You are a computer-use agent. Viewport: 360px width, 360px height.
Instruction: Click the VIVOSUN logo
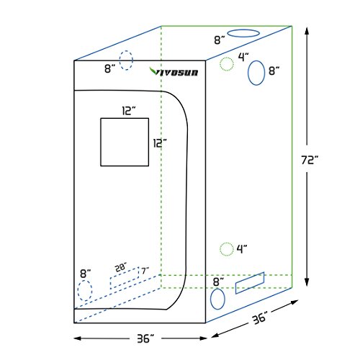pyautogui.click(x=174, y=71)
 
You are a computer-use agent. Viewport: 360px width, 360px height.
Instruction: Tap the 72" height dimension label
pyautogui.click(x=310, y=160)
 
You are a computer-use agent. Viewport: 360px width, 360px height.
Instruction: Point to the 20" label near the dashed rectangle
pyautogui.click(x=121, y=267)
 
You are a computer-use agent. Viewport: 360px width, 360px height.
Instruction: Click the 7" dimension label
pyautogui.click(x=145, y=271)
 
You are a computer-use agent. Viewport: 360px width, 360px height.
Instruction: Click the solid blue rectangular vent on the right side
pyautogui.click(x=250, y=283)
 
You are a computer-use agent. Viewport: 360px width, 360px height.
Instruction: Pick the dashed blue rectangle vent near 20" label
pyautogui.click(x=125, y=279)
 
